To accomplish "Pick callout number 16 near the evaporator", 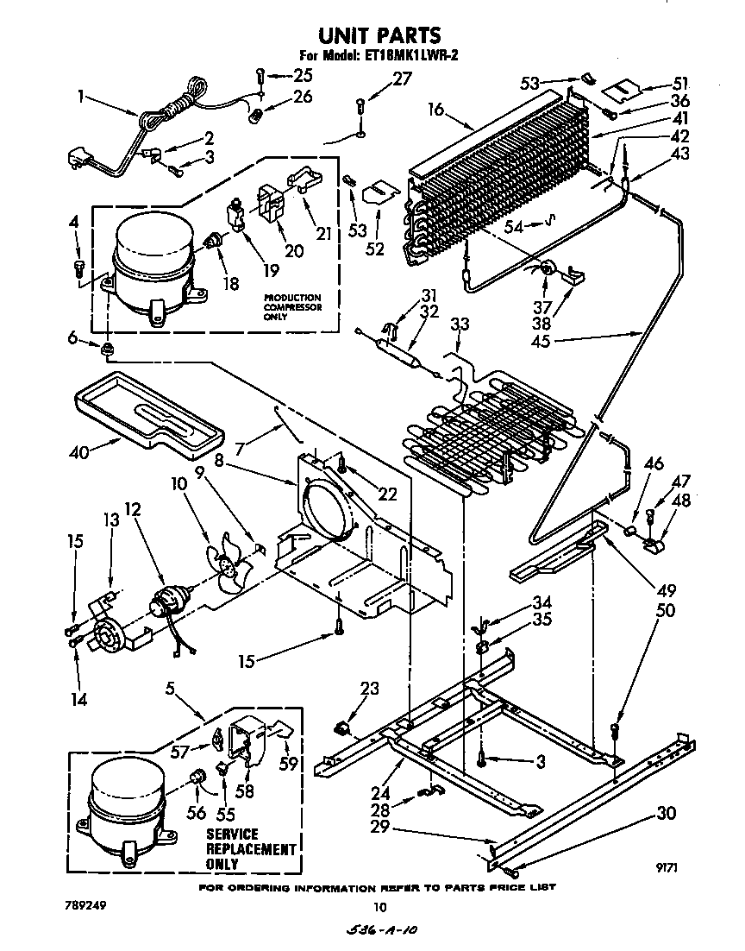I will (435, 110).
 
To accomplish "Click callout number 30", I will (665, 813).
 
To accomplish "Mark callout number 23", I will (369, 689).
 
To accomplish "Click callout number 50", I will (665, 611).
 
